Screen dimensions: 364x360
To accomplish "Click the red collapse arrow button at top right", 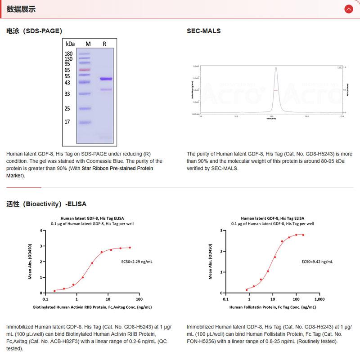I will coord(348,9).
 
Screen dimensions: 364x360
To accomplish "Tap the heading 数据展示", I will coord(21,9).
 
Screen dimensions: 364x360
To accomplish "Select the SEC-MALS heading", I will coord(203,31).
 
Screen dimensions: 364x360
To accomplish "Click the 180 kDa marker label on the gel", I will coord(68,53).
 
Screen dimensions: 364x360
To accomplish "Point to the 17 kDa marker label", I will coord(67,122).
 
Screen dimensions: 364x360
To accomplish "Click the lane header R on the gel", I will coord(104,44).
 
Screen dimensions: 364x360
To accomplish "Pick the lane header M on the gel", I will coord(88,44).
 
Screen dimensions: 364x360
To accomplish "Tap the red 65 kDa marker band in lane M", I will coord(85,70).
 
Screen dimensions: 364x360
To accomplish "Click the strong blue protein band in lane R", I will coord(106,79).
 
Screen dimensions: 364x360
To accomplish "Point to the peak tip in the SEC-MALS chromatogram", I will coord(276,67).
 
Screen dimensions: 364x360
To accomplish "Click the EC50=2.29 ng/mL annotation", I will coord(137,261).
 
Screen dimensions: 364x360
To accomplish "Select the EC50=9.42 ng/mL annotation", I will coord(317,261).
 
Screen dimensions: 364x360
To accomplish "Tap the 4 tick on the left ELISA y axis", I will coord(41,231).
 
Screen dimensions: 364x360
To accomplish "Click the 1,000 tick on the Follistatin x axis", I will coord(319,299).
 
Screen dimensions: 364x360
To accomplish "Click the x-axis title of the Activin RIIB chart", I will coord(92,307).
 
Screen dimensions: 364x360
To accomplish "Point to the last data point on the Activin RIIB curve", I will coord(130,248).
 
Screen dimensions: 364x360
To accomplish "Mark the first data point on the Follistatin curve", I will coord(247,290).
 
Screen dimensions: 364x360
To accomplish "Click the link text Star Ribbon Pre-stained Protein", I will coord(117,168).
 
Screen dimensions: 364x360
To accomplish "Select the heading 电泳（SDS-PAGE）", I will coord(34,31).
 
